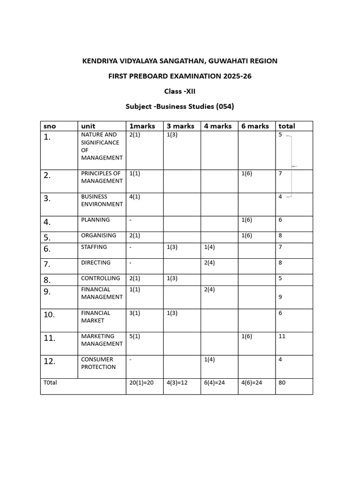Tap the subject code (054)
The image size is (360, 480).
224,106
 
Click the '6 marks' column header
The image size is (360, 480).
255,126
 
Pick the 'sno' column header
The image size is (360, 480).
49,126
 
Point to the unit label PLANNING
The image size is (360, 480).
95,220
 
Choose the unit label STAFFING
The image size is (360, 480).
94,247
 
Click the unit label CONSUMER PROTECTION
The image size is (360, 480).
98,363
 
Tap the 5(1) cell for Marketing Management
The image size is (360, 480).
135,336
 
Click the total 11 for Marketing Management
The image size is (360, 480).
282,336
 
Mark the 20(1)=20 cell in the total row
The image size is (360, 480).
141,382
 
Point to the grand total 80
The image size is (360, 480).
282,382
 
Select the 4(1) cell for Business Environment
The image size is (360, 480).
135,196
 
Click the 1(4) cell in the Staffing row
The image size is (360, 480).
209,247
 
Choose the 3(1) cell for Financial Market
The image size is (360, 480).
135,313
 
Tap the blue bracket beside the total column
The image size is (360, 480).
292,166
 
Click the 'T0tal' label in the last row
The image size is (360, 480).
50,382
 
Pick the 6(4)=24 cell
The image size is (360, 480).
215,382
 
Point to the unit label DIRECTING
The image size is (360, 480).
96,262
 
